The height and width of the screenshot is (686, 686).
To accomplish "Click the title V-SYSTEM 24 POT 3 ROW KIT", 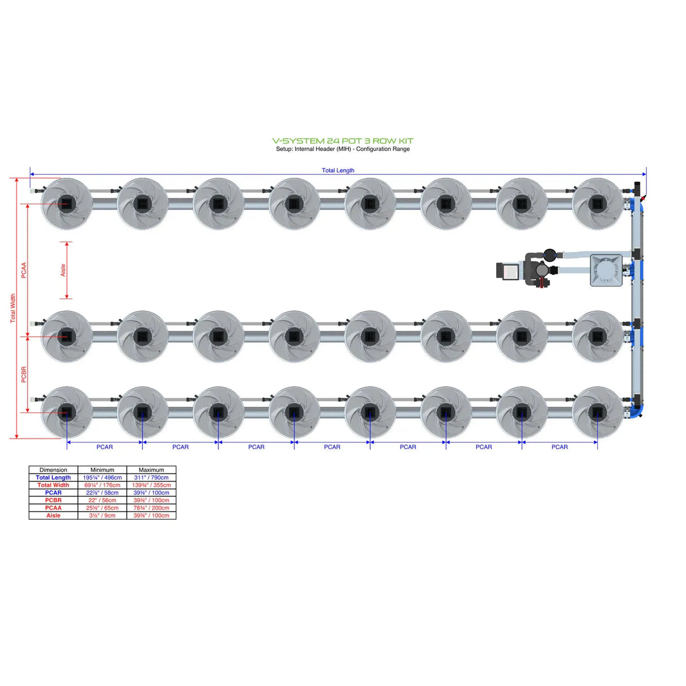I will [x=342, y=141].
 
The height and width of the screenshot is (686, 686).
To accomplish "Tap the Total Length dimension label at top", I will [x=338, y=170].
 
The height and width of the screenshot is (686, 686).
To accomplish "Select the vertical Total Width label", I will [x=13, y=308].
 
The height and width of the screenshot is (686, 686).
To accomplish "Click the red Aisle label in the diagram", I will [x=63, y=270].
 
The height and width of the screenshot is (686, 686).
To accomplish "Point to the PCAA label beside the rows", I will [x=24, y=270].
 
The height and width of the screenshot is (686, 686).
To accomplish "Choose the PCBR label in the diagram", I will [x=24, y=374].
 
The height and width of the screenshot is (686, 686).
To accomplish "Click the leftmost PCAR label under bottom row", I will [x=105, y=447].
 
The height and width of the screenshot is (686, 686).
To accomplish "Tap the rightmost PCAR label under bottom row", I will [x=559, y=447].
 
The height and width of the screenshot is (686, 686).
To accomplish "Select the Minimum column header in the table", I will [x=102, y=470].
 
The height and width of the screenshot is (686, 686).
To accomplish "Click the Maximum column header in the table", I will [x=151, y=470].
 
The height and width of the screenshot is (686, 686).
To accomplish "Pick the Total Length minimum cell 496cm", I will [x=102, y=477].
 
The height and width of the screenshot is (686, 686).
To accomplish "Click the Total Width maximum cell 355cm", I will [x=151, y=485].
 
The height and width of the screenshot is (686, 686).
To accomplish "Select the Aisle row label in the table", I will [x=53, y=515].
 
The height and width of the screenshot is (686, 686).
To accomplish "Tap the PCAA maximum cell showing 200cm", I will [x=151, y=508].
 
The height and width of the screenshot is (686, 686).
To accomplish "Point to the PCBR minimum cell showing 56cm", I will [x=102, y=500].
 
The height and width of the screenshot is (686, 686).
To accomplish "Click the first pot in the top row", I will [x=67, y=203].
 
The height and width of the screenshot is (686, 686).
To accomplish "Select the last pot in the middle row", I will [x=597, y=336].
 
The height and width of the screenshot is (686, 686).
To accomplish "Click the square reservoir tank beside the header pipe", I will [x=606, y=270].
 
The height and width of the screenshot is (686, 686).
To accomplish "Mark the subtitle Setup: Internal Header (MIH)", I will [x=342, y=149].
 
